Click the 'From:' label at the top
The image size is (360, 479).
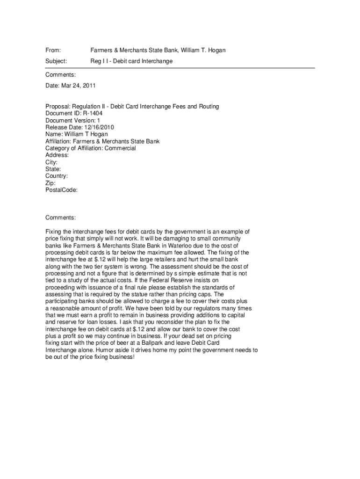[53, 50]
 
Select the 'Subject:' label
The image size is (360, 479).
[56, 61]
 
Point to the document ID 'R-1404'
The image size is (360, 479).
[93, 113]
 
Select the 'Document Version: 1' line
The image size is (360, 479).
[72, 120]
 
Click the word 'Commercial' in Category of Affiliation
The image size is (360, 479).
[120, 148]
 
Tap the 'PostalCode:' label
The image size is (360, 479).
[61, 190]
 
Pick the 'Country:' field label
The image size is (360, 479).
[57, 176]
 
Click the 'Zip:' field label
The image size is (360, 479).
[50, 183]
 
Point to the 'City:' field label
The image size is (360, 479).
[51, 162]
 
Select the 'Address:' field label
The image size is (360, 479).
[57, 155]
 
